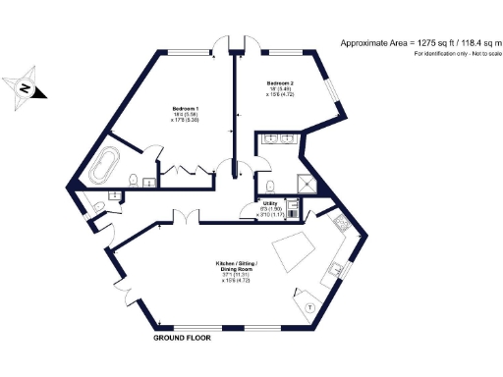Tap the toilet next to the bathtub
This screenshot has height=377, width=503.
click(x=132, y=178)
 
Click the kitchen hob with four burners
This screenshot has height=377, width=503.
click(x=339, y=226)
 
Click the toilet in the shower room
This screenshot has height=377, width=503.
click(x=265, y=186)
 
